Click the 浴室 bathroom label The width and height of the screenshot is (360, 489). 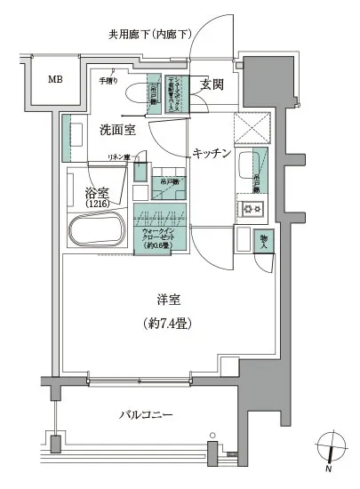coord(97,191)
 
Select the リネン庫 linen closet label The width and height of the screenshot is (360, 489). coord(118,157)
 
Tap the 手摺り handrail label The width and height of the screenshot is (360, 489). coord(107,81)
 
